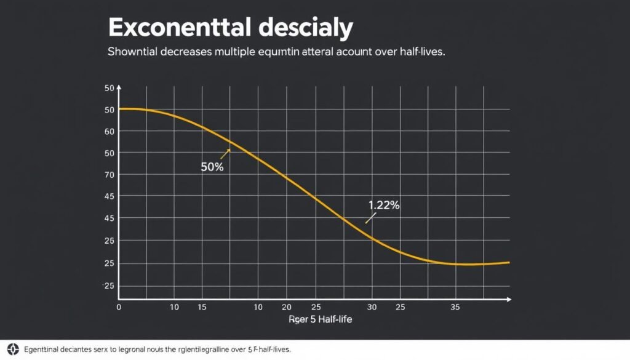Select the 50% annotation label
pyautogui.click(x=212, y=167)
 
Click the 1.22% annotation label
pyautogui.click(x=384, y=206)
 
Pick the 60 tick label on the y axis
pyautogui.click(x=110, y=131)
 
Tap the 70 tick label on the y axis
pyautogui.click(x=110, y=175)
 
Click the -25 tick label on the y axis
pyautogui.click(x=108, y=286)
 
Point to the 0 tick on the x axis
pyautogui.click(x=119, y=306)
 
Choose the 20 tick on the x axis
pyautogui.click(x=286, y=306)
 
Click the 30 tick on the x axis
pyautogui.click(x=371, y=306)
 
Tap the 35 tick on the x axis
pyautogui.click(x=455, y=306)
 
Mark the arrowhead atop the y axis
pyautogui.click(x=119, y=88)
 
